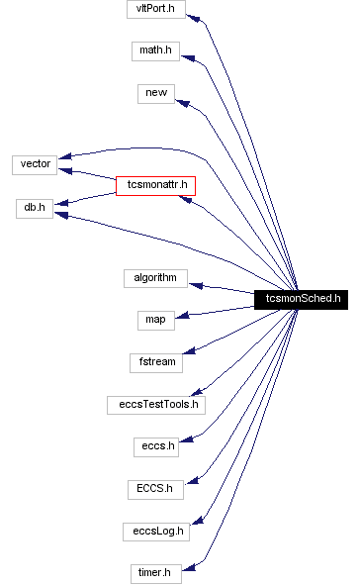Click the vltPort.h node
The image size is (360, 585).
[x=155, y=9]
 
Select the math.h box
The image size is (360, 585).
[x=155, y=49]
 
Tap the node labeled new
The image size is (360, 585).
[x=155, y=92]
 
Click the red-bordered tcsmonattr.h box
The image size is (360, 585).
[x=155, y=185]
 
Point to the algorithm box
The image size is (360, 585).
[x=155, y=278]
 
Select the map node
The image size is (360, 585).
[x=155, y=319]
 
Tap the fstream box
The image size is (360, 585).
[x=155, y=361]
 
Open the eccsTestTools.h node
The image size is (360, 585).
[x=155, y=404]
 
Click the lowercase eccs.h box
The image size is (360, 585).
[x=155, y=446]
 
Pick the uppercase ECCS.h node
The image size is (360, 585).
[x=155, y=488]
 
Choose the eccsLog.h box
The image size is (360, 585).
[x=155, y=531]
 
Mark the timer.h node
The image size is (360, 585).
[x=155, y=573]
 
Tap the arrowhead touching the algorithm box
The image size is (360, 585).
[x=197, y=285]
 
